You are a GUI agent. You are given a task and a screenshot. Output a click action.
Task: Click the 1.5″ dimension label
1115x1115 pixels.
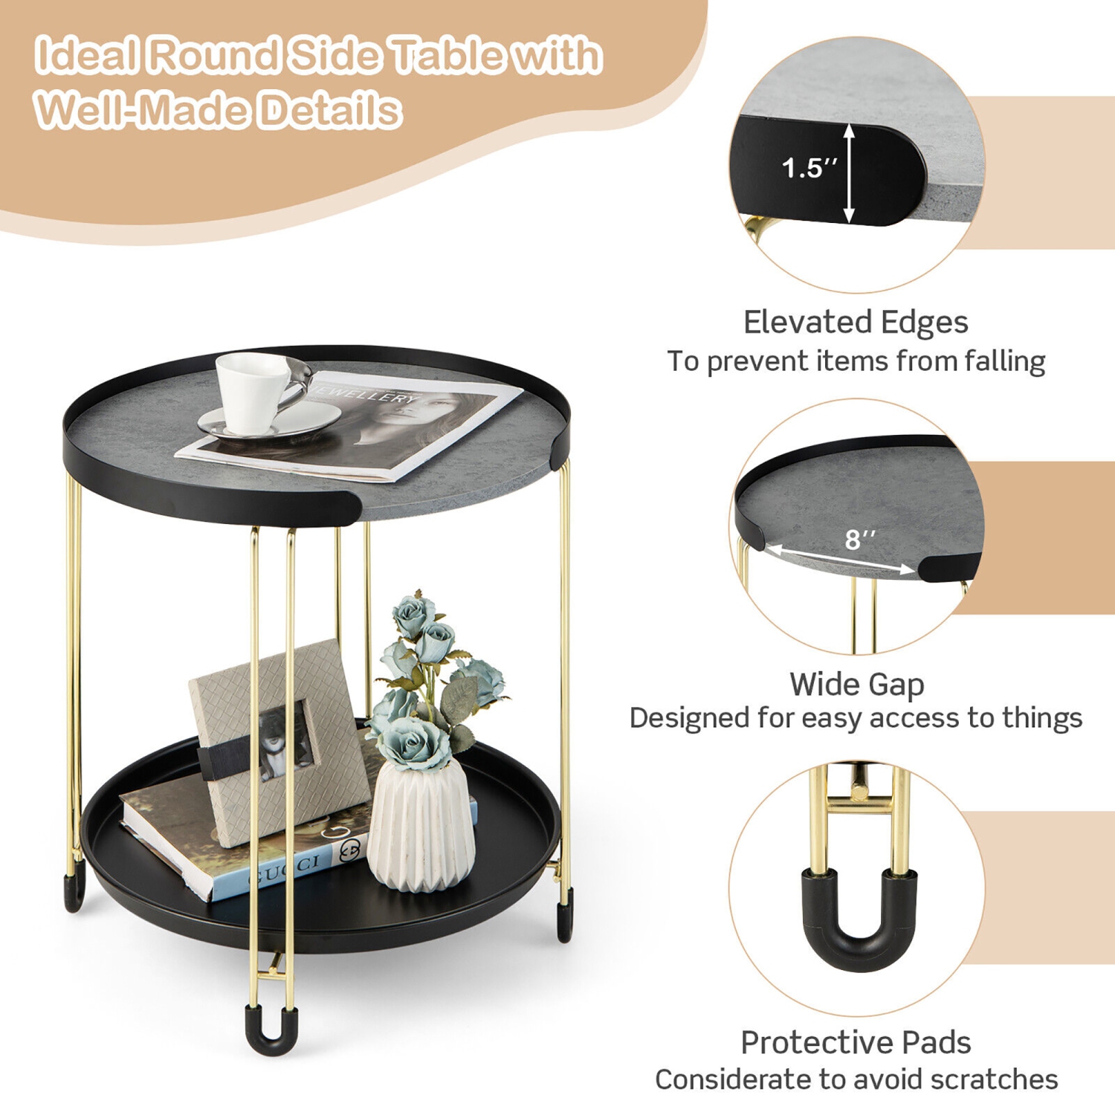coord(809,168)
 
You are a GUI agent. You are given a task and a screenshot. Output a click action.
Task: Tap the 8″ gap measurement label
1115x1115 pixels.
coord(860,539)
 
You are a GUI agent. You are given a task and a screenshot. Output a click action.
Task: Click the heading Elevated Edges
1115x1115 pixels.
coord(856,323)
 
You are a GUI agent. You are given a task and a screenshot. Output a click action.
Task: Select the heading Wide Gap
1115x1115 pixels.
coord(856,684)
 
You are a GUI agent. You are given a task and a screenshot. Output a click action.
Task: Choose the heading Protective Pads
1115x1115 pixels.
coord(856,1042)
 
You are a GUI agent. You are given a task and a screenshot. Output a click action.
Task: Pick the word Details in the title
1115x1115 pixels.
coord(330,110)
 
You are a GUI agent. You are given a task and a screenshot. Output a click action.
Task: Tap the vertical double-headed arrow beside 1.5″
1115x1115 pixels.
coord(850,172)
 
